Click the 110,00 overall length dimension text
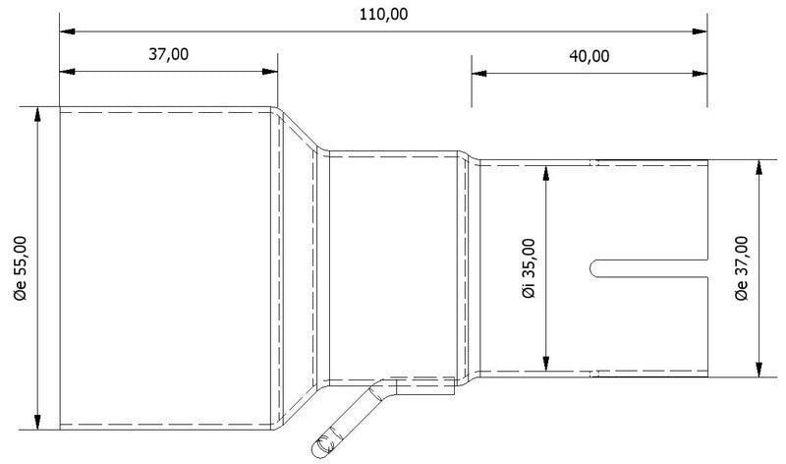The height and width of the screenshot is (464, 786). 382,14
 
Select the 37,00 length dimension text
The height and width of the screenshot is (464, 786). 168,54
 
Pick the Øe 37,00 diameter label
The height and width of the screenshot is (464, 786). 742,268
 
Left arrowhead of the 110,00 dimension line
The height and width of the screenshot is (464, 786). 66,31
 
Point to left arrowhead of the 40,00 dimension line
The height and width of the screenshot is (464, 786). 478,71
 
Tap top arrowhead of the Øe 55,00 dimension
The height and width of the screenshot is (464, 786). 38,114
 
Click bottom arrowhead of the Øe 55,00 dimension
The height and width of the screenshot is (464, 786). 38,424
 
